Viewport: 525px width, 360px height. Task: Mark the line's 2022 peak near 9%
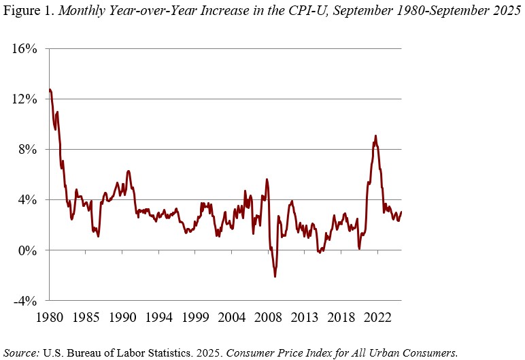click(375, 135)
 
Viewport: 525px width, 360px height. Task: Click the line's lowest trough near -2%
click(275, 276)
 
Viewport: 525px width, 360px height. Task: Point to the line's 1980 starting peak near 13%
click(50, 89)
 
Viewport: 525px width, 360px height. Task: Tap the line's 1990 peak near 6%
click(128, 171)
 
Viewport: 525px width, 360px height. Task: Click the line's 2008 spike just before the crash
click(267, 180)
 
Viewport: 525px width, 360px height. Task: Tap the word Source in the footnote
click(21, 353)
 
